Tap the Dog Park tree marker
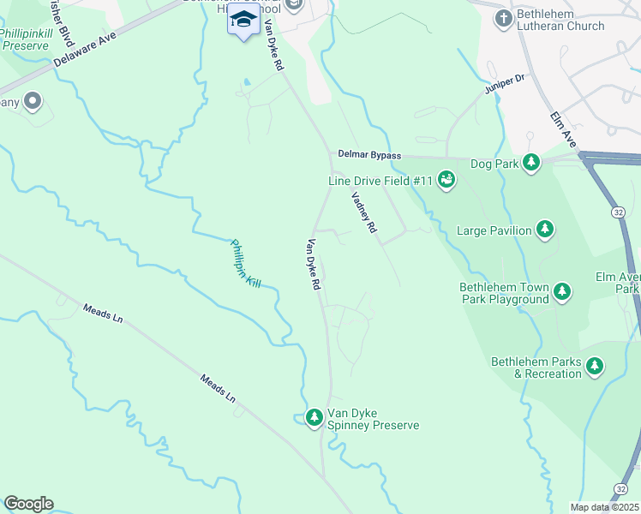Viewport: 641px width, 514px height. tap(531, 163)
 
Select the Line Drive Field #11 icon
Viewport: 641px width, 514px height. tap(446, 180)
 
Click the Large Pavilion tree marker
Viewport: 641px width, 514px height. tap(545, 230)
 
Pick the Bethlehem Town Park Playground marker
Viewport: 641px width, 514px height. tap(562, 292)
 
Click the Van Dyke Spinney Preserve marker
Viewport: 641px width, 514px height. tap(315, 417)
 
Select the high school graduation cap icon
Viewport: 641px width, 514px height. tap(243, 21)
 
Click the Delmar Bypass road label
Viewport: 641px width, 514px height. tap(369, 155)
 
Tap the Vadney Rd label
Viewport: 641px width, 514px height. tap(364, 212)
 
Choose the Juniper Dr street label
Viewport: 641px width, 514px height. tap(503, 86)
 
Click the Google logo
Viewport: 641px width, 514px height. tap(28, 504)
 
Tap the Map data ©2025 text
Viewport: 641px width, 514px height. tap(604, 507)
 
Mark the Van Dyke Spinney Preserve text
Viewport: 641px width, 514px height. tap(374, 419)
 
